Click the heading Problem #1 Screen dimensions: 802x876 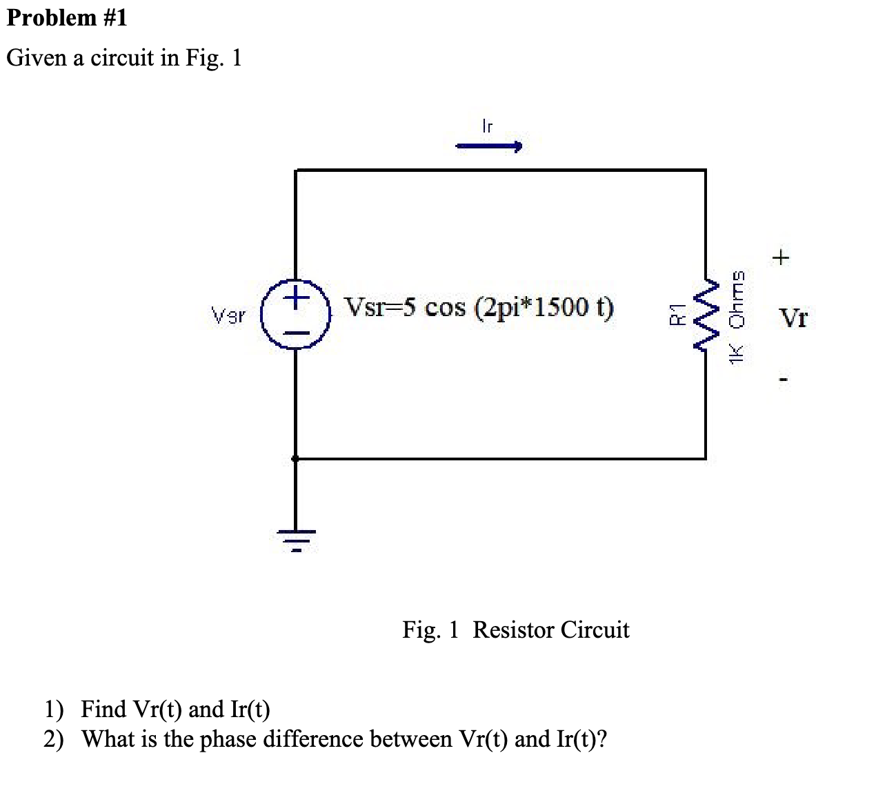click(67, 17)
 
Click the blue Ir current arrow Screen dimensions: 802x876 click(488, 146)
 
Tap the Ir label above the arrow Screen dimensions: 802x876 click(487, 126)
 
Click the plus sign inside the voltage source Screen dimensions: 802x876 click(296, 298)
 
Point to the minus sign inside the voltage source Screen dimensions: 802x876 click(296, 332)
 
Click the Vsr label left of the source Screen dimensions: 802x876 click(228, 317)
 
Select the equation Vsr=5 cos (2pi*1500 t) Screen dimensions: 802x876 click(479, 307)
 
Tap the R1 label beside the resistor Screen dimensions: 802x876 click(677, 313)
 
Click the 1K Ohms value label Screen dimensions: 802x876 click(737, 315)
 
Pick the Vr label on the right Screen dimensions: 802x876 click(793, 318)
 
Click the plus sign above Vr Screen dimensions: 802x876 click(781, 259)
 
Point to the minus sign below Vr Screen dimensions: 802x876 click(782, 379)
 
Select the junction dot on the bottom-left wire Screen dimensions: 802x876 click(296, 458)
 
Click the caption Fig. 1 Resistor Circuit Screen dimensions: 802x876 click(515, 629)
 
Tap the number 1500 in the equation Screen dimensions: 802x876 click(559, 307)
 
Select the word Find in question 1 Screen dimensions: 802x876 click(103, 709)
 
